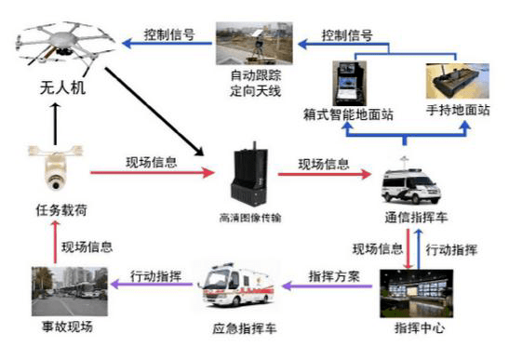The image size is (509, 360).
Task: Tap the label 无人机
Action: (x=62, y=88)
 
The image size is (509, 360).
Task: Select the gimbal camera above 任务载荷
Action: (x=56, y=168)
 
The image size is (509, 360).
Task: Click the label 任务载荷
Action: (x=61, y=210)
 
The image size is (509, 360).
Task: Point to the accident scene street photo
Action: (x=70, y=291)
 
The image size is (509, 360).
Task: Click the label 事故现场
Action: (x=68, y=327)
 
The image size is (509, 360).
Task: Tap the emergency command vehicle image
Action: (x=236, y=285)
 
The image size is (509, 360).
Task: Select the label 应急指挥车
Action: (x=245, y=328)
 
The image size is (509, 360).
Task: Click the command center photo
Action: (x=417, y=293)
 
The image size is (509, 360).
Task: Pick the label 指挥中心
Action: (x=420, y=327)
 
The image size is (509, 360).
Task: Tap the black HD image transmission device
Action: (x=249, y=174)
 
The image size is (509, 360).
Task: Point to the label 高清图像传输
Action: (x=250, y=218)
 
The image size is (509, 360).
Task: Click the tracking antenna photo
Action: (x=255, y=43)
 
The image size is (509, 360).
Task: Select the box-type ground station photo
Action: (x=350, y=84)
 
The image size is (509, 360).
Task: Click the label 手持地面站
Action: (x=458, y=110)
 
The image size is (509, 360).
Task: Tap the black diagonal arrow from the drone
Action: (x=154, y=112)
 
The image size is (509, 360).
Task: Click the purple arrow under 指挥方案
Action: (x=328, y=287)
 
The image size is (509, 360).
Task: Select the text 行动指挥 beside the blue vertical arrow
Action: (x=451, y=250)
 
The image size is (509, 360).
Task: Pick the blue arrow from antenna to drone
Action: (x=167, y=43)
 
